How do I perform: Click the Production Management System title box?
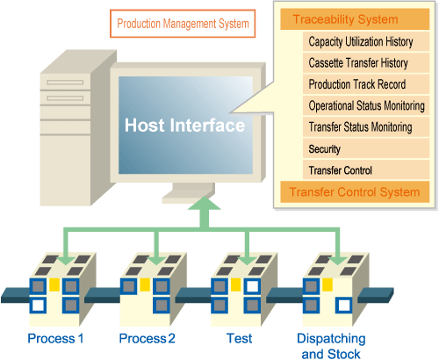(x=183, y=24)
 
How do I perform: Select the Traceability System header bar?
(x=355, y=19)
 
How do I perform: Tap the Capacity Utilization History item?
(x=366, y=41)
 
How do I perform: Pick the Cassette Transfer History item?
(x=366, y=63)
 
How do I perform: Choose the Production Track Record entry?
(x=366, y=84)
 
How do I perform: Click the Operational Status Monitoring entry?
(x=366, y=105)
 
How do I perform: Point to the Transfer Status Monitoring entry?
(x=366, y=127)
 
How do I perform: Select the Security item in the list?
(x=366, y=148)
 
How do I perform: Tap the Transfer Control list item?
(x=366, y=170)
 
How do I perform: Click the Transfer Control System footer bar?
(x=355, y=192)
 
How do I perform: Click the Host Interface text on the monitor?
(x=184, y=126)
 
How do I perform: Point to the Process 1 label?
(x=55, y=339)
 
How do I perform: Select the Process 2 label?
(x=148, y=339)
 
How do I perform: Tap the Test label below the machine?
(x=239, y=338)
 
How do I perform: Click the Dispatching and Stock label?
(x=331, y=346)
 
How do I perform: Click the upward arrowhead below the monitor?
(x=205, y=204)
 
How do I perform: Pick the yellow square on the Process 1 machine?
(x=54, y=284)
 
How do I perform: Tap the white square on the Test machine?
(x=252, y=286)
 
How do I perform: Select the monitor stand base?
(x=187, y=198)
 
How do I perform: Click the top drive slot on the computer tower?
(x=65, y=83)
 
